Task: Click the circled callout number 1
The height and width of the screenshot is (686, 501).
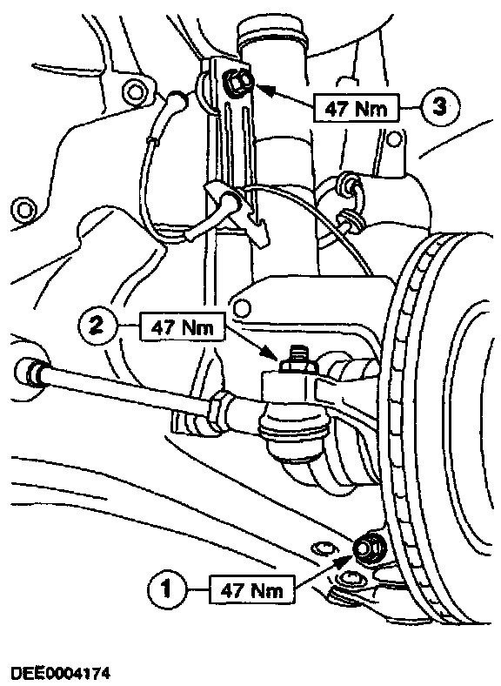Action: pos(166,589)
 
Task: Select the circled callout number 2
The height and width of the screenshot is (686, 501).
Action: pos(97,326)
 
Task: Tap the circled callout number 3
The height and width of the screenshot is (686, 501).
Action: pos(438,106)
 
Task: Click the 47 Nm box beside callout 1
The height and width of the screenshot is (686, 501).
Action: pos(252,591)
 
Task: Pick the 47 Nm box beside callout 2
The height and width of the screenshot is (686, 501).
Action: pos(183,326)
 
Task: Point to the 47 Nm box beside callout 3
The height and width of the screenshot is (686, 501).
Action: pos(357,108)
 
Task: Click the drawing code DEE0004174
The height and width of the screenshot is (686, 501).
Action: pos(60,673)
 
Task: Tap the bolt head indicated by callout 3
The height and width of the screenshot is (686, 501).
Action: pos(237,81)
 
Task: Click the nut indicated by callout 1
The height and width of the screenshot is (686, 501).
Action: pos(369,548)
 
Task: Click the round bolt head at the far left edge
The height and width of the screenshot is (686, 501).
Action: pos(22,210)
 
